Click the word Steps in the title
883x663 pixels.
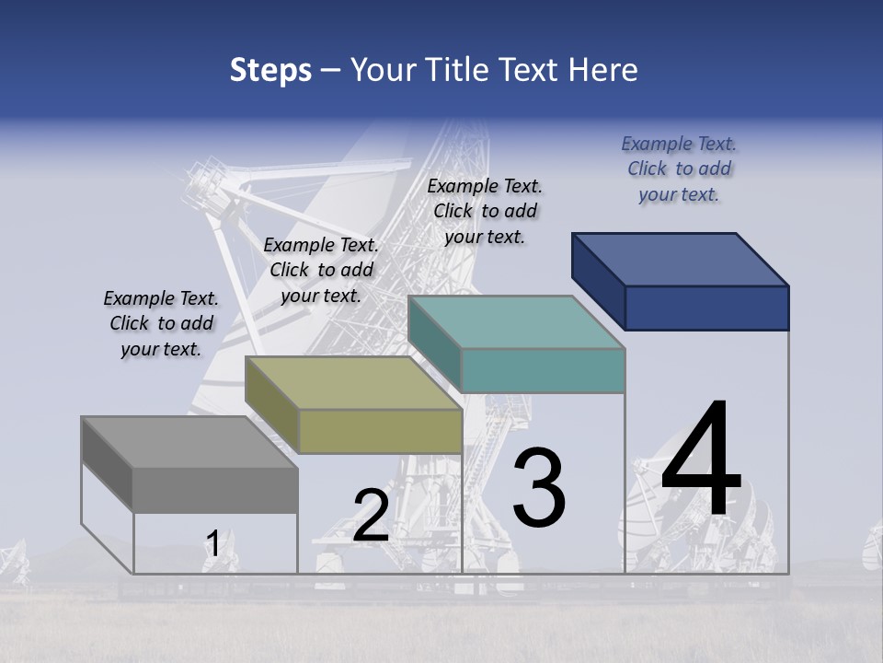point(270,70)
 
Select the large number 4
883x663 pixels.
point(701,460)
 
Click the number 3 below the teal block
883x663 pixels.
point(539,488)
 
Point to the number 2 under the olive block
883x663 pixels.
point(371,516)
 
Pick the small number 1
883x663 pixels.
point(212,544)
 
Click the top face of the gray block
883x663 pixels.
point(189,442)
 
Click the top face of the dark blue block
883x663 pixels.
point(681,259)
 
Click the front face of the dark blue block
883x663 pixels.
point(706,308)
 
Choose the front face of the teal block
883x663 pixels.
point(543,370)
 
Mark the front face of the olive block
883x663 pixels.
point(380,431)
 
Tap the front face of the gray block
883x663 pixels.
point(215,490)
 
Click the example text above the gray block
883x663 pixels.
point(161,323)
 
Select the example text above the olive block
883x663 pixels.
point(321,270)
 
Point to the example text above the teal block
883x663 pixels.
point(485,211)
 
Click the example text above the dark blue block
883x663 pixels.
point(679,169)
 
